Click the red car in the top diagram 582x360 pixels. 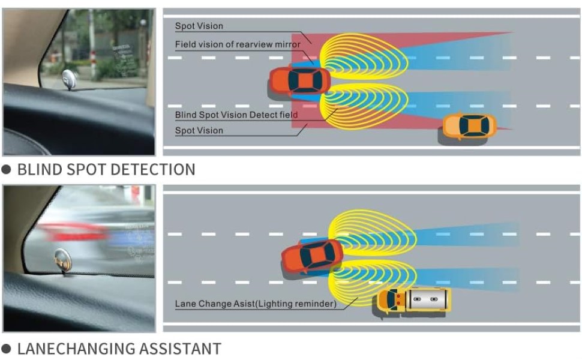300,80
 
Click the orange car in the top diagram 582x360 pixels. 470,126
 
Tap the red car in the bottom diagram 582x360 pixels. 313,256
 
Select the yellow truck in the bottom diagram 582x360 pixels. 414,299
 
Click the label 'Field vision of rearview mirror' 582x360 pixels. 238,44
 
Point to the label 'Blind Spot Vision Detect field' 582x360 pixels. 236,115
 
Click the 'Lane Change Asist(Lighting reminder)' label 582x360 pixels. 256,304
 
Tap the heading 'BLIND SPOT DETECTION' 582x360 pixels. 106,170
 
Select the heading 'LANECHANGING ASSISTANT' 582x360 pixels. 119,349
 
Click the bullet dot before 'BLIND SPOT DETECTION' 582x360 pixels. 7,170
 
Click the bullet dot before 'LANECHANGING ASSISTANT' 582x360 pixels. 7,349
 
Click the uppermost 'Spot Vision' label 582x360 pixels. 199,26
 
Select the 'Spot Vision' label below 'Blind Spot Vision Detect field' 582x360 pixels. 199,130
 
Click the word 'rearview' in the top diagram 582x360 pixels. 255,44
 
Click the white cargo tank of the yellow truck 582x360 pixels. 427,298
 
